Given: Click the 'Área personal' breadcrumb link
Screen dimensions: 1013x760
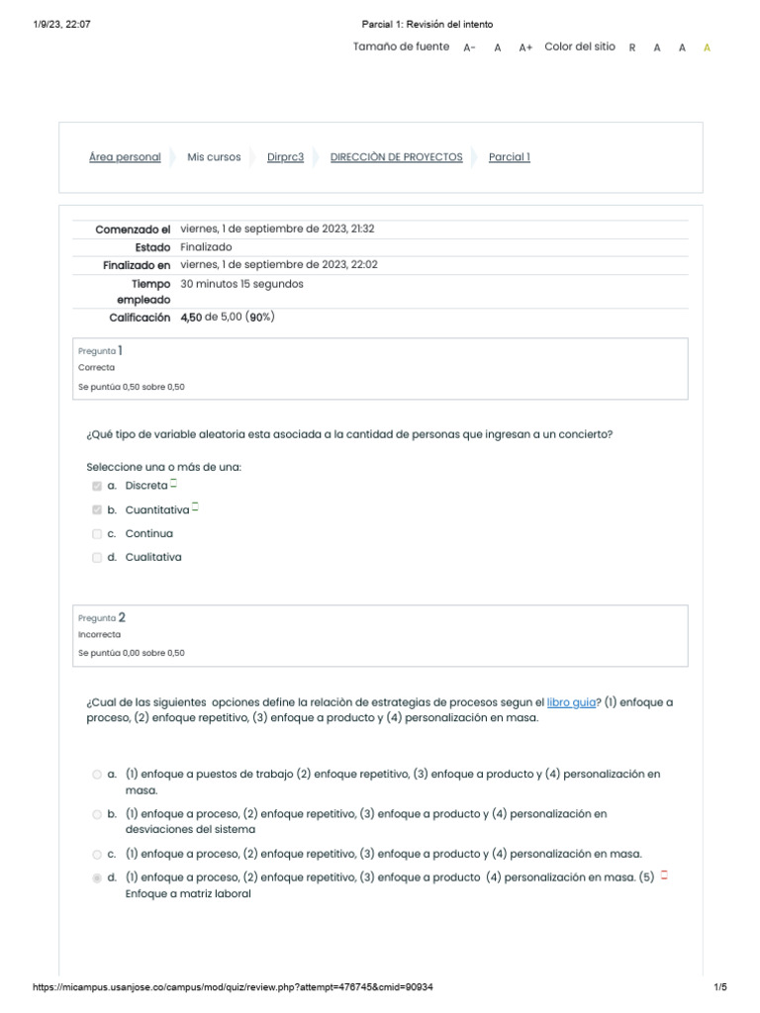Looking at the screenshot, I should pyautogui.click(x=125, y=157).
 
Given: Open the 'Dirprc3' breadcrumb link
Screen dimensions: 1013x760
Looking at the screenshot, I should pyautogui.click(x=285, y=157).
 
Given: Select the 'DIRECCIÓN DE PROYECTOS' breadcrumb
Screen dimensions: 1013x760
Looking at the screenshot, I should pyautogui.click(x=396, y=157).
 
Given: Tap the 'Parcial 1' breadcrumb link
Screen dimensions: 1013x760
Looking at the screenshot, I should pyautogui.click(x=509, y=157).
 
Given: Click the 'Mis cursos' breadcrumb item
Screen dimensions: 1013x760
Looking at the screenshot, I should pyautogui.click(x=214, y=157).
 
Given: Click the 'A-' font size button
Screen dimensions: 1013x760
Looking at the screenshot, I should pyautogui.click(x=469, y=47).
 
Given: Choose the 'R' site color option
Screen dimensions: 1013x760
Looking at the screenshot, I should pyautogui.click(x=632, y=47).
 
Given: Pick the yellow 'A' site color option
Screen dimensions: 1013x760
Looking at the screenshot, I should pyautogui.click(x=707, y=47).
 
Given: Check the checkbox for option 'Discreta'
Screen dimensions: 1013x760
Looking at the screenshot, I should pyautogui.click(x=97, y=486).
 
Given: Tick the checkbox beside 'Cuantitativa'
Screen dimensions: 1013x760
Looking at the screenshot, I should pyautogui.click(x=97, y=510).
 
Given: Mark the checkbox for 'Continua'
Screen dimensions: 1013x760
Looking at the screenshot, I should pyautogui.click(x=97, y=534).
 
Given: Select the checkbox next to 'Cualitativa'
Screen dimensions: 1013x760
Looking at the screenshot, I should pyautogui.click(x=97, y=558).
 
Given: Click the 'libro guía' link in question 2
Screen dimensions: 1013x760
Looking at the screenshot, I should pyautogui.click(x=571, y=702).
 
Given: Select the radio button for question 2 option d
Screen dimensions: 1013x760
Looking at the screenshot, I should pyautogui.click(x=97, y=877).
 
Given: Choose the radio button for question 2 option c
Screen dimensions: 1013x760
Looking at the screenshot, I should pyautogui.click(x=97, y=854).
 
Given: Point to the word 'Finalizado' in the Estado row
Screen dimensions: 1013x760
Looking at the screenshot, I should pyautogui.click(x=206, y=247).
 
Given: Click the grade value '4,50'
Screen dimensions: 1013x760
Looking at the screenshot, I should pyautogui.click(x=191, y=318).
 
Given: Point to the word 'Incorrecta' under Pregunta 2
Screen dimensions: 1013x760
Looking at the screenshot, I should pyautogui.click(x=99, y=635).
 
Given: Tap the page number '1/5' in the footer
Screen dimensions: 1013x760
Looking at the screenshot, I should pyautogui.click(x=720, y=987).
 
